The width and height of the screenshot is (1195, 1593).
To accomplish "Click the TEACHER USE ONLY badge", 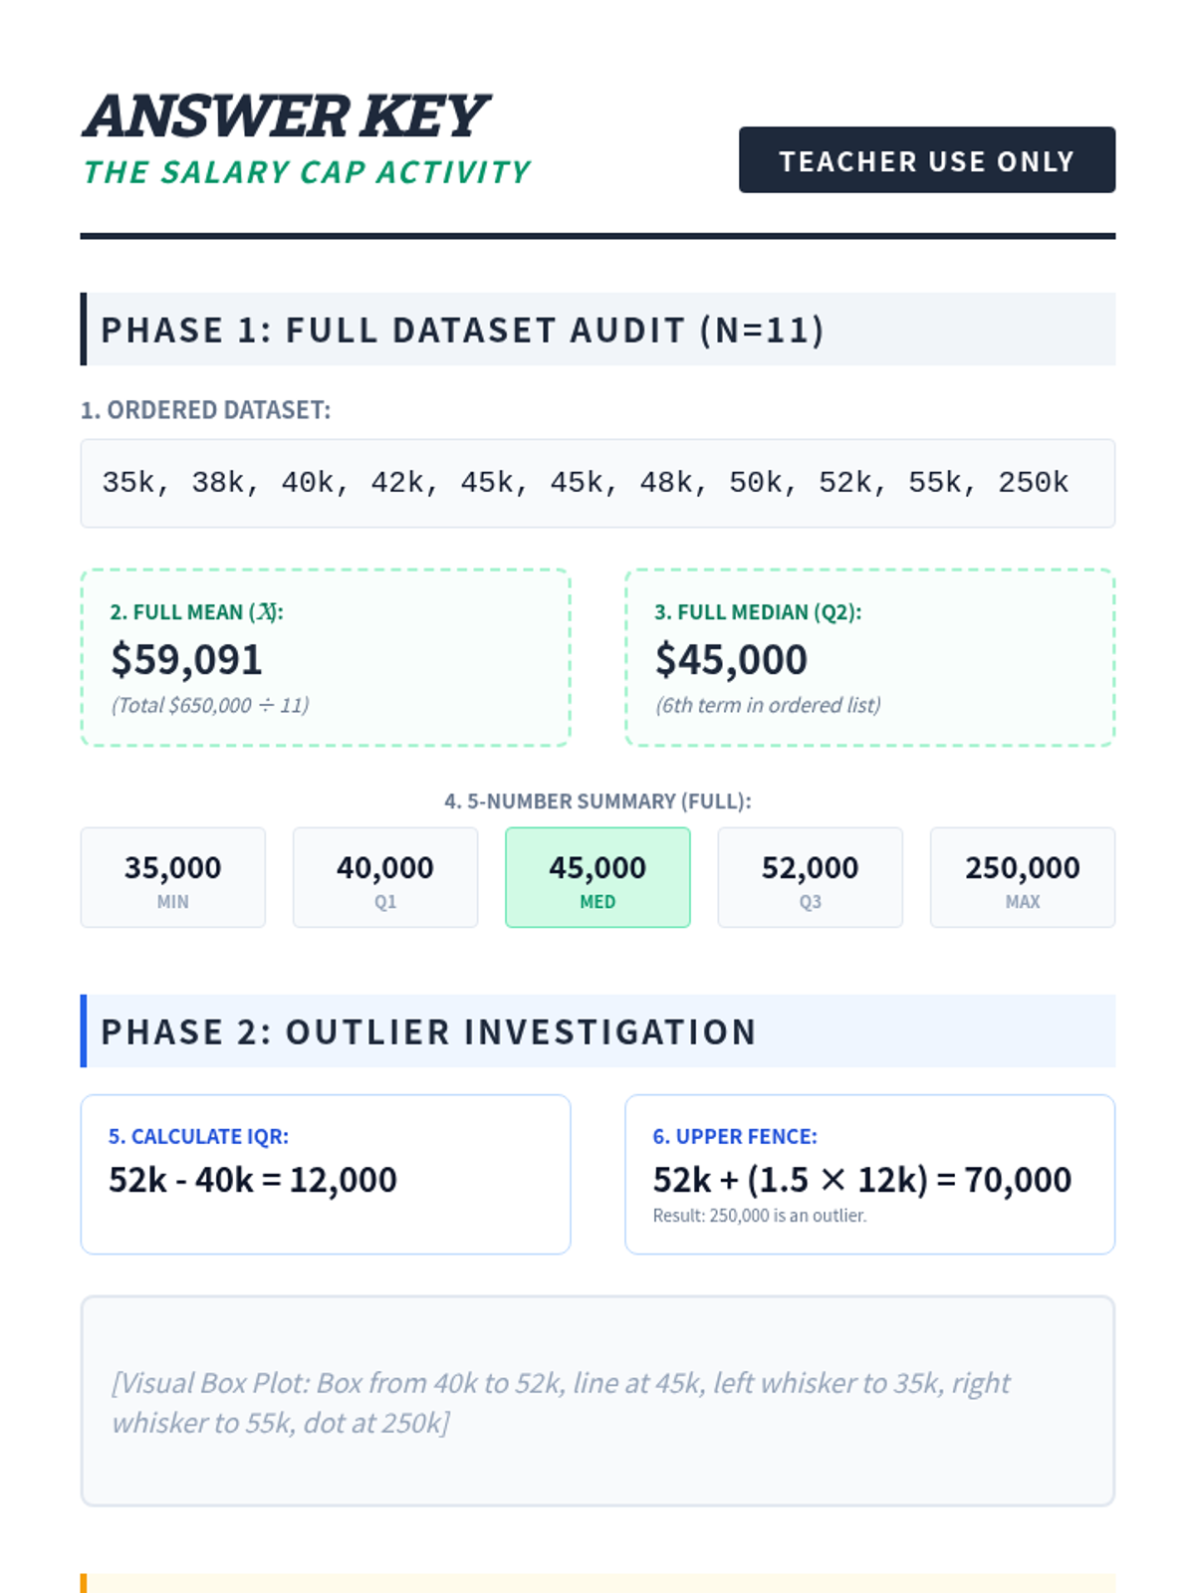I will point(926,160).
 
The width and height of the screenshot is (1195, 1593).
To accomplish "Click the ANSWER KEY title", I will point(286,116).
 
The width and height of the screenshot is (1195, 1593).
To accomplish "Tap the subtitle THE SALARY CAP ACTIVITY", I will point(307,172).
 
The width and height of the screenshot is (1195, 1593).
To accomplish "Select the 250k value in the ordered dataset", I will point(1033,483).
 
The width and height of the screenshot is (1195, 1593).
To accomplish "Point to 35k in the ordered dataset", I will point(128,483).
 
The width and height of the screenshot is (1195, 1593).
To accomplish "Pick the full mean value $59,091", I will point(186,659).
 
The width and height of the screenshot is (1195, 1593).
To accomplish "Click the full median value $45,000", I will point(731,659).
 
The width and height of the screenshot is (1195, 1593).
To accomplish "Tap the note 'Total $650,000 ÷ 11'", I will point(210,705).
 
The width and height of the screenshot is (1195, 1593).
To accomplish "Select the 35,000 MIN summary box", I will point(173,877).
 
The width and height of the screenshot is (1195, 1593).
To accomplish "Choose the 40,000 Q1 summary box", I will point(385,877).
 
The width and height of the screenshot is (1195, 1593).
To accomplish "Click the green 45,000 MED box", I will point(597,877).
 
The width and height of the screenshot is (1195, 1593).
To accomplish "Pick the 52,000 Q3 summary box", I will point(810,877).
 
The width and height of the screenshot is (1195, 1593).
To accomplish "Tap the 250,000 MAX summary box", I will point(1023,877).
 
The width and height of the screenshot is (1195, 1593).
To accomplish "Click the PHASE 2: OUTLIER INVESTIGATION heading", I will point(428,1031).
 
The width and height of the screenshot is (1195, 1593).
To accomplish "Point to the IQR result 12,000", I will point(343,1180).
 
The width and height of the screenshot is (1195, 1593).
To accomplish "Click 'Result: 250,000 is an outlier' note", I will point(760,1216).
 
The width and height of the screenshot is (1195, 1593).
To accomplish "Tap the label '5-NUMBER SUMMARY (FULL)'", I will point(597,801).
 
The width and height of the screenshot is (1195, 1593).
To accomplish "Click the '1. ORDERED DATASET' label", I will point(205,410).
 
